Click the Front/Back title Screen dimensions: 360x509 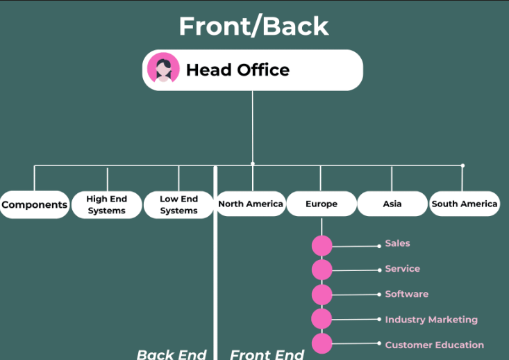coord(253,26)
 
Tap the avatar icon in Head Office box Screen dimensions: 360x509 coord(163,69)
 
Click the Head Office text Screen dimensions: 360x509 coord(237,69)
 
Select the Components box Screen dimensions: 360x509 coord(35,204)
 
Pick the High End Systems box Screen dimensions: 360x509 coord(107,204)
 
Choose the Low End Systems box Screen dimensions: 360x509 coord(178,204)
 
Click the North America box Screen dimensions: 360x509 coord(251,204)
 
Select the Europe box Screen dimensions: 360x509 coord(322,204)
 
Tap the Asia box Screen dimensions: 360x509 coord(392,204)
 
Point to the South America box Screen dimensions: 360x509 coord(464,204)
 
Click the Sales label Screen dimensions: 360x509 coord(397,243)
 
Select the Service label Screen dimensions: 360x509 coord(402,268)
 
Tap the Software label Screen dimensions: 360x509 coord(406,294)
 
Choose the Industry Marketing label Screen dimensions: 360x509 coord(431,320)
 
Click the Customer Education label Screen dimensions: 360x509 coord(434,345)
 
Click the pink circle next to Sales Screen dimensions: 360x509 coord(322,245)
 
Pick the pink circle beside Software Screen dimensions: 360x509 coord(322,295)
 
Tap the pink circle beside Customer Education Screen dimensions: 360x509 coord(322,343)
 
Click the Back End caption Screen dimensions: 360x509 coord(172,354)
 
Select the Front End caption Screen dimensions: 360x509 coord(267,354)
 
